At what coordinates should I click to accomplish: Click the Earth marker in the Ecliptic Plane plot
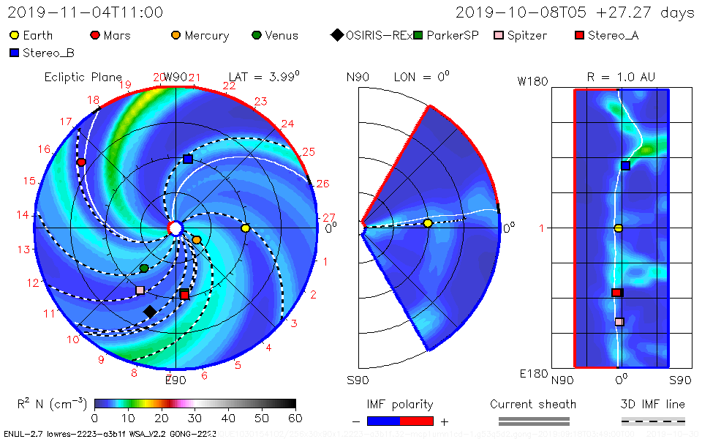point(246,228)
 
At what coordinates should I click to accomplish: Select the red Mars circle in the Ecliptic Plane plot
point(81,162)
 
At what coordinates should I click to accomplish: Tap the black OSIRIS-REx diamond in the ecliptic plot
point(150,312)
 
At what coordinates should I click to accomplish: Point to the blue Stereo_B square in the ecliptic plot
point(188,159)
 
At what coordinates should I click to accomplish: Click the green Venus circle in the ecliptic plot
point(144,269)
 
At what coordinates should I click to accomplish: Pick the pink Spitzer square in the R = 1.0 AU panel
point(619,322)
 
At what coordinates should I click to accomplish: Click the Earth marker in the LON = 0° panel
point(428,223)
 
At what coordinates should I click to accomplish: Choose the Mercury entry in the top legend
point(206,35)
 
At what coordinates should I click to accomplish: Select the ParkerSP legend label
point(453,35)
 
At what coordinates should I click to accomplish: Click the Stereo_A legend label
point(613,35)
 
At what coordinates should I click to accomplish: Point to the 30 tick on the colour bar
point(195,418)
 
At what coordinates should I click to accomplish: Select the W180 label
point(533,81)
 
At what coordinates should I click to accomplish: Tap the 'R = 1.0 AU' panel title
point(621,77)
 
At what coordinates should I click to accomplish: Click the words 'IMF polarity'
point(400,404)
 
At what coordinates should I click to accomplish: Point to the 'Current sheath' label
point(533,404)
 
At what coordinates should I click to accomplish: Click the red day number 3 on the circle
point(293,323)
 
